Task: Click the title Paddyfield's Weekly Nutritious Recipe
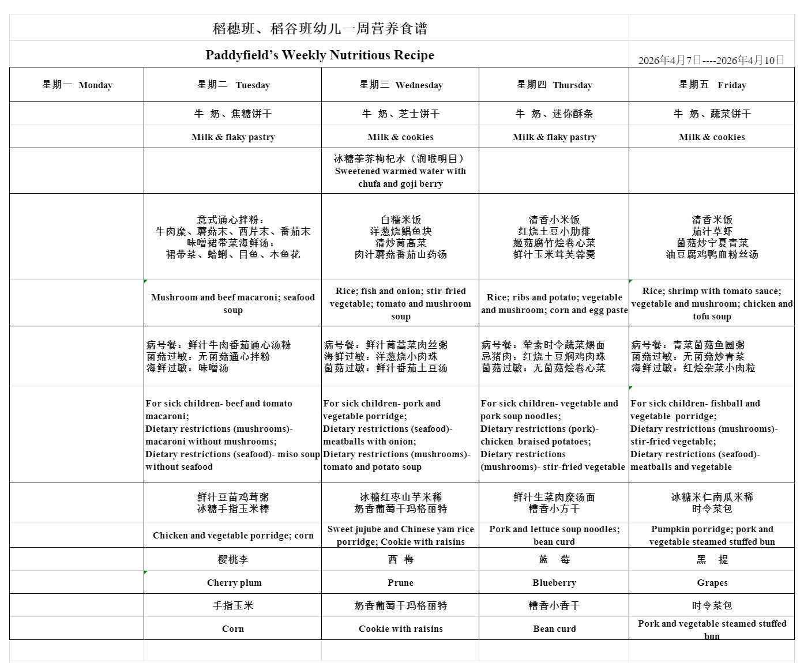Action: [x=320, y=55]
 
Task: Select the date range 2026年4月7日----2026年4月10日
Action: [x=711, y=60]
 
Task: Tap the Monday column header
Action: [x=77, y=85]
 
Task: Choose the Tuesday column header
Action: [x=233, y=85]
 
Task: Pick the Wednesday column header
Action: [x=400, y=85]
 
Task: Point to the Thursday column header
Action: [x=554, y=85]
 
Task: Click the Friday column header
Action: [x=712, y=85]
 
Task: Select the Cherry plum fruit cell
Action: [x=234, y=582]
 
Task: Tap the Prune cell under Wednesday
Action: [x=400, y=582]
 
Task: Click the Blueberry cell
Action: [x=554, y=582]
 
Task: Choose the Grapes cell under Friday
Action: [x=712, y=582]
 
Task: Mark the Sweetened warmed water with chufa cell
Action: [x=400, y=171]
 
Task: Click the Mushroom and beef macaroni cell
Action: [x=233, y=303]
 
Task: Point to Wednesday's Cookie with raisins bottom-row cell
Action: [x=400, y=628]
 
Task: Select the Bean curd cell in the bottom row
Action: [x=554, y=628]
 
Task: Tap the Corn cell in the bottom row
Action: [x=233, y=628]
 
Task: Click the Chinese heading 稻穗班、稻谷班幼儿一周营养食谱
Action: [x=320, y=28]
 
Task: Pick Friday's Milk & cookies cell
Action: [x=712, y=137]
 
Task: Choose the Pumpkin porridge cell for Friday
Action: [x=712, y=535]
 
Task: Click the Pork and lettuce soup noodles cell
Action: [x=554, y=535]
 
